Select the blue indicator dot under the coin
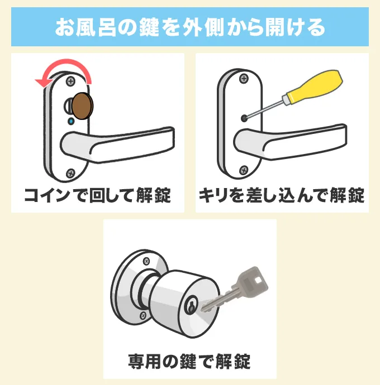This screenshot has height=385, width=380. coord(71,121)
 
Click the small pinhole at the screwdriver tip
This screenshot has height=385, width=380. coord(244,118)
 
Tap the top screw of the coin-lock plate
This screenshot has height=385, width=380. coord(71,81)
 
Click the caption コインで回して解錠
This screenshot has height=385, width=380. coord(97,196)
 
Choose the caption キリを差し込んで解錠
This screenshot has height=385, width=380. coord(281,196)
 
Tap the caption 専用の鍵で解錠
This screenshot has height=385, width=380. coord(190,359)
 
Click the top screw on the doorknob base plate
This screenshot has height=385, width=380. coord(147,261)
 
